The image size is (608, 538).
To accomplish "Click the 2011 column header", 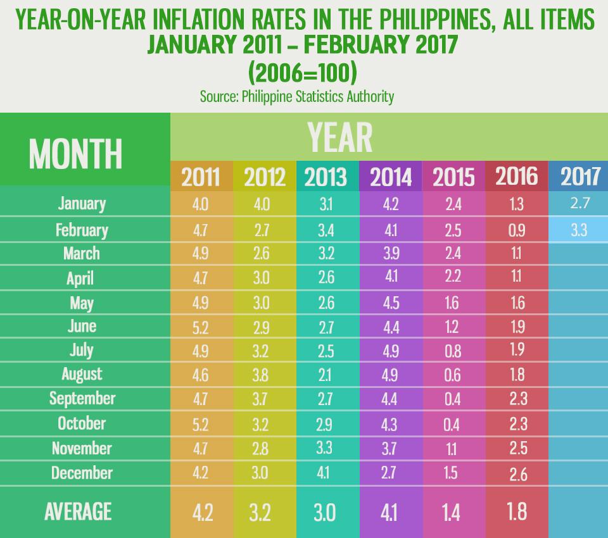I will point(201,177).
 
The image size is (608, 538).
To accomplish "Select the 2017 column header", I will point(579,177).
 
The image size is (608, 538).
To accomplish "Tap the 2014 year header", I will point(390,177).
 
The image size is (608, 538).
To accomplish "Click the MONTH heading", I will point(75,153).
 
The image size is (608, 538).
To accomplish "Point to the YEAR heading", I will point(339,137).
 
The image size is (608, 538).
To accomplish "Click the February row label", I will point(82,230).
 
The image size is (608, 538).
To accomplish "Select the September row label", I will point(82,398).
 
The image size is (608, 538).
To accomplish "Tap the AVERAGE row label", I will point(78,511).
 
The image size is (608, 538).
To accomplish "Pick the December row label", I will point(82,473).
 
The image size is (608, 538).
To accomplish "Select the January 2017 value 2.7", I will point(579,204).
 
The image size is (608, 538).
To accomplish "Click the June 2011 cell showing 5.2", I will point(201,327).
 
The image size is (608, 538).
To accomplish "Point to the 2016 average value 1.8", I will point(517,511).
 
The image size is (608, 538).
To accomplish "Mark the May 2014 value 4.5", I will point(390,303).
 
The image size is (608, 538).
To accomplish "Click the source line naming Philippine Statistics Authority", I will point(297,96).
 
